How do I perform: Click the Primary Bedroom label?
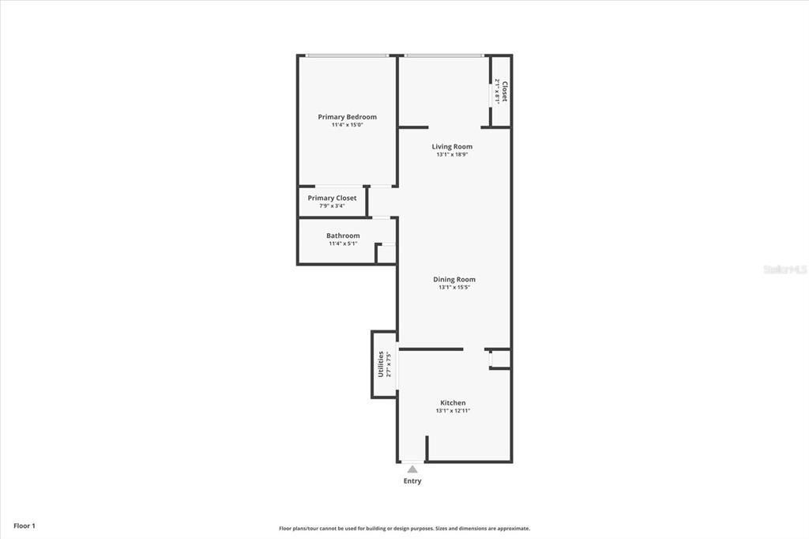(347, 117)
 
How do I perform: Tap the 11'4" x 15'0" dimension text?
(347, 125)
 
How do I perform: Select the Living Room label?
(452, 146)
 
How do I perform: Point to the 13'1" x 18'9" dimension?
(452, 155)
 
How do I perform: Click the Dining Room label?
(454, 279)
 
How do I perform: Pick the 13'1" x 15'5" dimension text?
(454, 288)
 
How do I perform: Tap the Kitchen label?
(453, 403)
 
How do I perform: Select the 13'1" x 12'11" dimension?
(453, 411)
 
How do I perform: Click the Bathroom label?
(343, 236)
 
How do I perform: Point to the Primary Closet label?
(332, 198)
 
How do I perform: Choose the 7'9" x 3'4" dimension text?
(332, 206)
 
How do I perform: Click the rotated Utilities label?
(380, 364)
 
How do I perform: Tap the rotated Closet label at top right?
(505, 91)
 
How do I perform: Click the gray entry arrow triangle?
(412, 469)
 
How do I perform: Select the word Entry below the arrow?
(412, 481)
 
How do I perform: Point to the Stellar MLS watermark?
(785, 269)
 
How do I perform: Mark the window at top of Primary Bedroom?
(347, 55)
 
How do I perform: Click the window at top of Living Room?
(443, 55)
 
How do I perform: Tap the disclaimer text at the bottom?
(404, 529)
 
